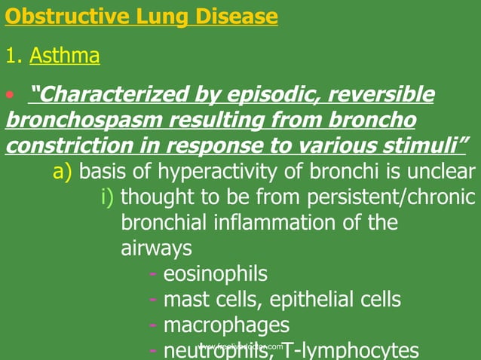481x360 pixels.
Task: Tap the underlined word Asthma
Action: [x=65, y=56]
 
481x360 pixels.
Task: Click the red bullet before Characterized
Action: [x=10, y=95]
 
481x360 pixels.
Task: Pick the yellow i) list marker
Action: [x=108, y=198]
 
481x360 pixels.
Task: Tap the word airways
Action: [x=156, y=249]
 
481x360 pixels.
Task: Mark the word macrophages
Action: [x=226, y=325]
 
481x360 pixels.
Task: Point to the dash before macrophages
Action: [x=154, y=325]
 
